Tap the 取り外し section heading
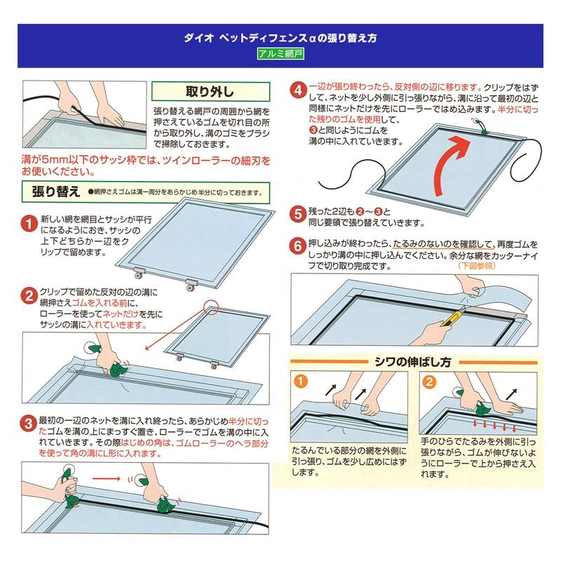tap(200, 91)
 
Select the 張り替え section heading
tap(51, 191)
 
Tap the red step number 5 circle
tap(297, 212)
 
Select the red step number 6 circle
tap(297, 245)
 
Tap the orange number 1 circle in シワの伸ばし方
tap(299, 382)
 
